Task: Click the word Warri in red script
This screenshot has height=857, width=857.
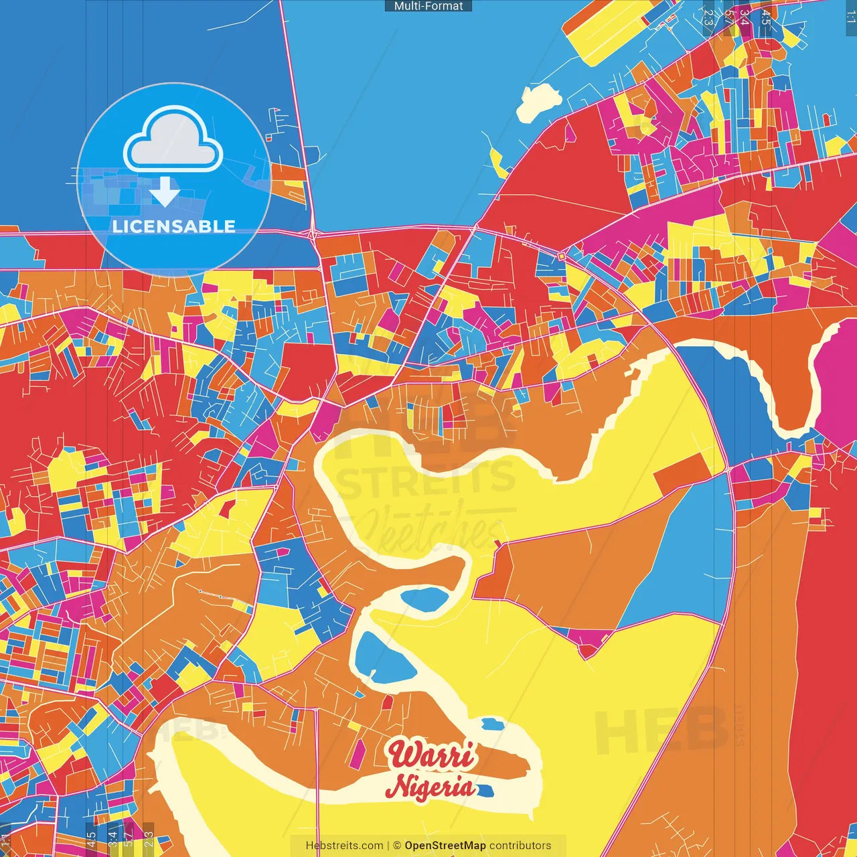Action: pyautogui.click(x=433, y=755)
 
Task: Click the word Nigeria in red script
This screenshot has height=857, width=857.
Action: pyautogui.click(x=431, y=787)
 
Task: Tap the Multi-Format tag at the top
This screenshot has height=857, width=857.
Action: pyautogui.click(x=428, y=6)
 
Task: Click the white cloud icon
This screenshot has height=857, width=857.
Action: pyautogui.click(x=173, y=141)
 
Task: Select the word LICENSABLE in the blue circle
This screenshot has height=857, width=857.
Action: pyautogui.click(x=174, y=226)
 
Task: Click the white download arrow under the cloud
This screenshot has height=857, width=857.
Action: pyautogui.click(x=165, y=192)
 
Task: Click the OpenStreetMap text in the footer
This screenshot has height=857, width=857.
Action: pyautogui.click(x=445, y=846)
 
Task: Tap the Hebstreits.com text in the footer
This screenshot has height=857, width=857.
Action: pyautogui.click(x=344, y=846)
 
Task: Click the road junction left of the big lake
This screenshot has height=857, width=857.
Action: pyautogui.click(x=312, y=234)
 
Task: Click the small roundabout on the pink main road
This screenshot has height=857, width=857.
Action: pyautogui.click(x=561, y=256)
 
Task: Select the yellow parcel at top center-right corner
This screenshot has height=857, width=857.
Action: pyautogui.click(x=606, y=32)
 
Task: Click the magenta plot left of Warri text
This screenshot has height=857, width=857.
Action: pyautogui.click(x=358, y=754)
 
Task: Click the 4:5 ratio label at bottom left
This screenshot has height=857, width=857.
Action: pyautogui.click(x=91, y=838)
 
